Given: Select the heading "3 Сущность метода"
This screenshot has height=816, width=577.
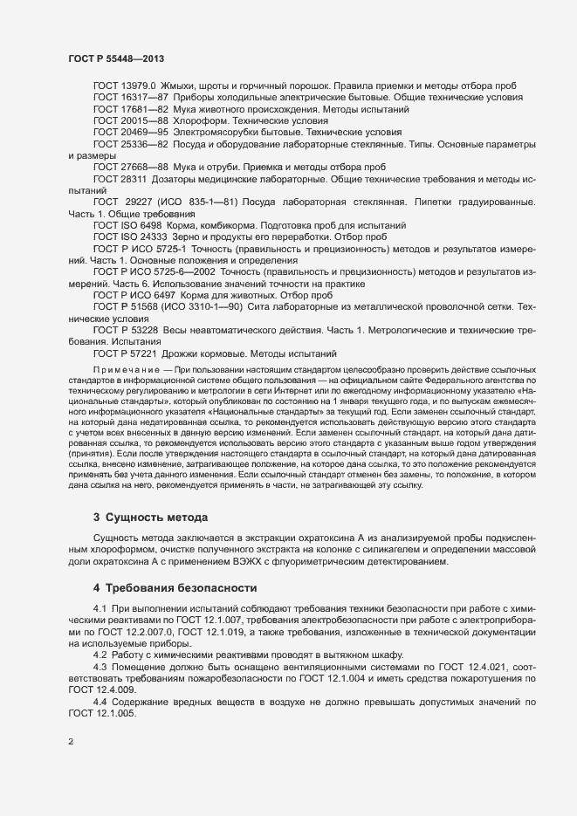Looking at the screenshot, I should pyautogui.click(x=150, y=517).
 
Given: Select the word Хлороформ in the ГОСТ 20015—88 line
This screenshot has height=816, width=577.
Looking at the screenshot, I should pyautogui.click(x=200, y=120).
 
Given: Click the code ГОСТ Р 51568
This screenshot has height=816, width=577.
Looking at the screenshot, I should pyautogui.click(x=121, y=307).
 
